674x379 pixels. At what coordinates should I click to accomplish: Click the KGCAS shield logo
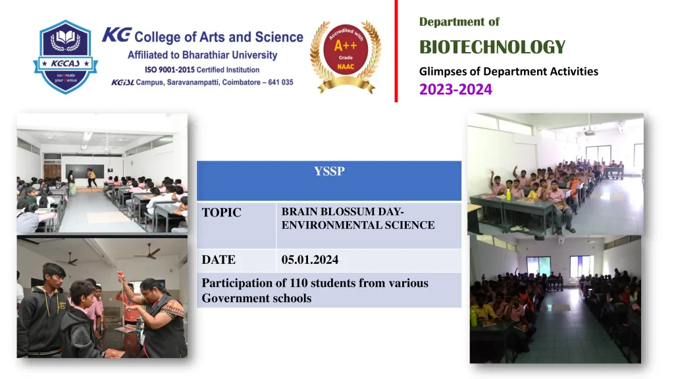[x=65, y=57]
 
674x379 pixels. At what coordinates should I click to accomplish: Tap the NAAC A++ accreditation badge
[x=346, y=57]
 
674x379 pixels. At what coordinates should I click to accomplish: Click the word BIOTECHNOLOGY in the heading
[x=492, y=47]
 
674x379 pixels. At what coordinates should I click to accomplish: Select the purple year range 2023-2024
[x=455, y=89]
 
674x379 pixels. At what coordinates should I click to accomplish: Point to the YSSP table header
[x=329, y=171]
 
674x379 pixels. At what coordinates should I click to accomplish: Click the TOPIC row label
[x=221, y=213]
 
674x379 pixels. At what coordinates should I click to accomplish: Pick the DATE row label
[x=219, y=259]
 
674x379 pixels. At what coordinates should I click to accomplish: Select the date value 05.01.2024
[x=310, y=259]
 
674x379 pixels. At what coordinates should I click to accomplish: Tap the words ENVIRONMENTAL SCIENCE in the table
[x=358, y=225]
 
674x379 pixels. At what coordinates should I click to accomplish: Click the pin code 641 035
[x=280, y=82]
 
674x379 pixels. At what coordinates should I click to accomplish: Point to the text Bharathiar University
[x=230, y=55]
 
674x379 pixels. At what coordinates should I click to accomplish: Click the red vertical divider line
[x=396, y=51]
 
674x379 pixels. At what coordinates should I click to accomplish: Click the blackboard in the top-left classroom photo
[x=84, y=172]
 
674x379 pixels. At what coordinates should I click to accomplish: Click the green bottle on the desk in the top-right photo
[x=509, y=195]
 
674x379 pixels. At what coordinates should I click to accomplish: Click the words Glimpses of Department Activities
[x=509, y=71]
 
